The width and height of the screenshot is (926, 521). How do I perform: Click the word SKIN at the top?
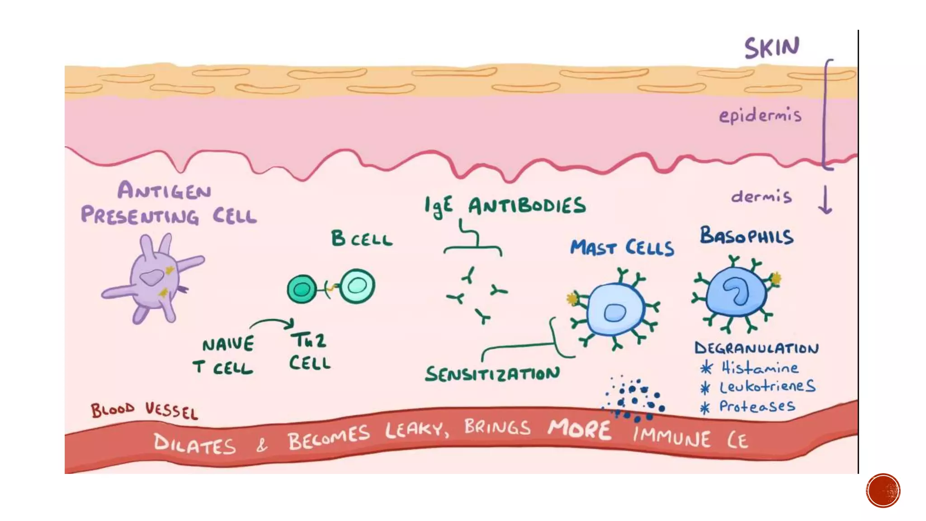pyautogui.click(x=772, y=48)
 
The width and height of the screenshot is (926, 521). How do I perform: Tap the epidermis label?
pyautogui.click(x=760, y=116)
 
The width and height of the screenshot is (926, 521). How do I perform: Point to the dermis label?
pyautogui.click(x=761, y=197)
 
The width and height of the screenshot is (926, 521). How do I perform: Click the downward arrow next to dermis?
pyautogui.click(x=825, y=199)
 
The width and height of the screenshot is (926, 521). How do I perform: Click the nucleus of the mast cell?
pyautogui.click(x=614, y=313)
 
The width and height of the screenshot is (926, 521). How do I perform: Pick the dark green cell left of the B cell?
pyautogui.click(x=302, y=289)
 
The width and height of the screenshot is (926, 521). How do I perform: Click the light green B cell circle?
pyautogui.click(x=357, y=286)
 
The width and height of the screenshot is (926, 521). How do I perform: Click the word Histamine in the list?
pyautogui.click(x=760, y=368)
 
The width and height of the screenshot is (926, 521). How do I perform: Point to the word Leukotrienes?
pyautogui.click(x=767, y=387)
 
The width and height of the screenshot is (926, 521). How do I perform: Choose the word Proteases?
pyautogui.click(x=757, y=406)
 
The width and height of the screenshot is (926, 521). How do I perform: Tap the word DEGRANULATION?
pyautogui.click(x=756, y=348)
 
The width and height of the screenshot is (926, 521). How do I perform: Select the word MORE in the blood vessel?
pyautogui.click(x=579, y=429)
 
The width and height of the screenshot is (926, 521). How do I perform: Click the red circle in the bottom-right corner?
pyautogui.click(x=883, y=491)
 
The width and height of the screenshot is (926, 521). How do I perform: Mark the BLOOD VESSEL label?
pyautogui.click(x=144, y=411)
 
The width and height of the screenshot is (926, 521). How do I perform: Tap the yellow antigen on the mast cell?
pyautogui.click(x=572, y=299)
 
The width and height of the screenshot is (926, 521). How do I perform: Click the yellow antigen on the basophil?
pyautogui.click(x=776, y=278)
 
